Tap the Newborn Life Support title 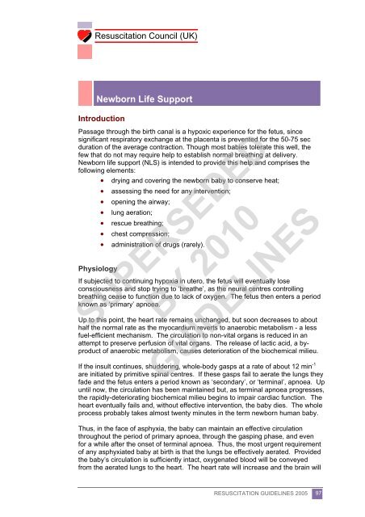pyautogui.click(x=144, y=99)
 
